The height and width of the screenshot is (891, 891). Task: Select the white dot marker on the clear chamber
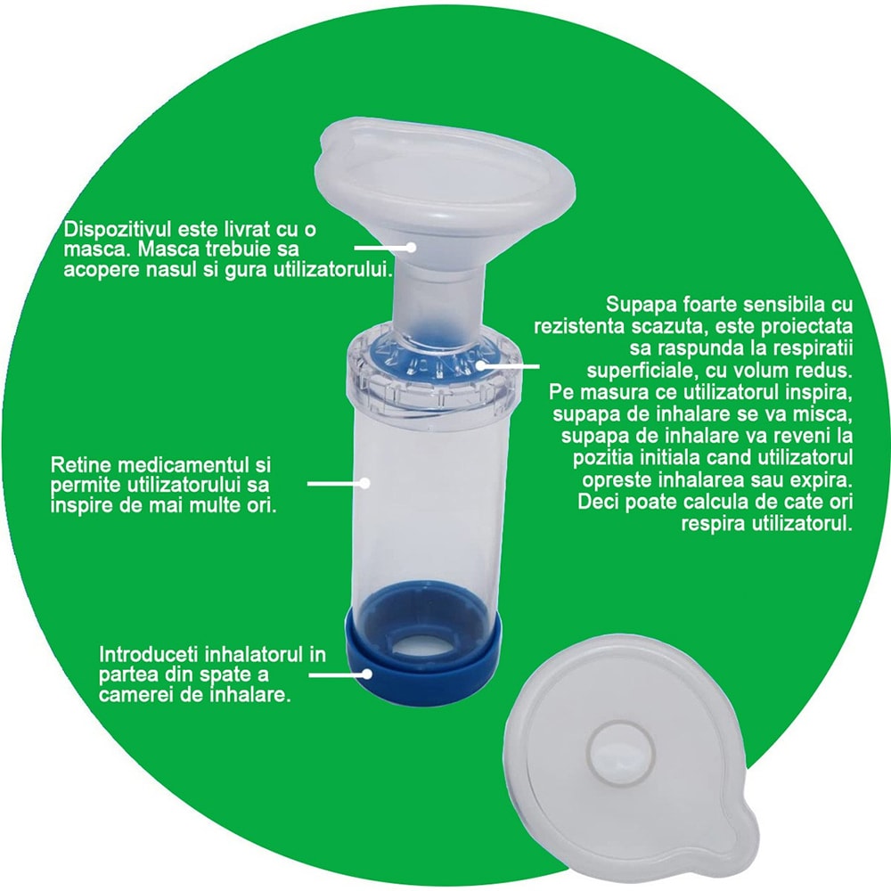[x=364, y=484]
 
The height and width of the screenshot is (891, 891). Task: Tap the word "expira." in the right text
[x=814, y=481]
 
